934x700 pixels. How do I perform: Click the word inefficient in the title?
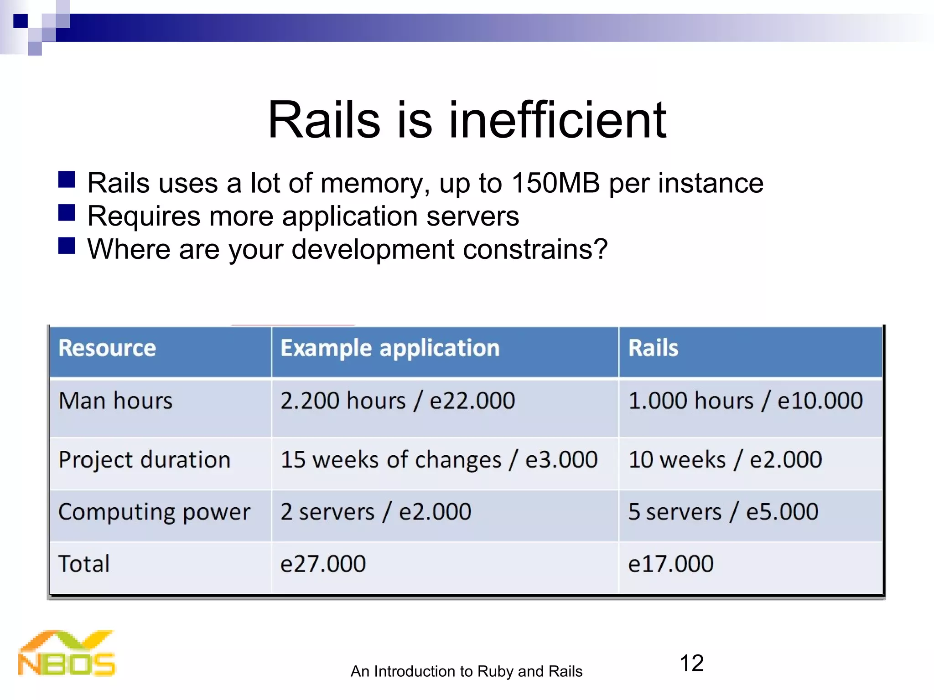click(x=557, y=120)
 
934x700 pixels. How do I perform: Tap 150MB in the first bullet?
click(x=555, y=183)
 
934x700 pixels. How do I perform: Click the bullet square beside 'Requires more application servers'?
click(x=67, y=213)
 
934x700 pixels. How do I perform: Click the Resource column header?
click(x=107, y=348)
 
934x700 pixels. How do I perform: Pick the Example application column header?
click(x=390, y=348)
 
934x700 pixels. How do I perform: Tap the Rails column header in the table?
click(x=653, y=348)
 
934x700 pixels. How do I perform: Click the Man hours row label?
click(x=115, y=401)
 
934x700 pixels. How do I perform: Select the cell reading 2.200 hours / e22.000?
click(x=397, y=401)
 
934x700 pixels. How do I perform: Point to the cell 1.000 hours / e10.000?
click(x=745, y=401)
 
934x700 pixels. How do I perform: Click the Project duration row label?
click(x=145, y=459)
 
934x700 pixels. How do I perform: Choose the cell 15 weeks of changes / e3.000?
click(x=439, y=459)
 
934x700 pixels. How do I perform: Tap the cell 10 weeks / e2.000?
click(x=725, y=459)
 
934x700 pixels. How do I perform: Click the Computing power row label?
click(x=154, y=512)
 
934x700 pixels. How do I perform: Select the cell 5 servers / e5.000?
click(x=723, y=512)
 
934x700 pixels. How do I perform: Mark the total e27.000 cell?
click(x=323, y=564)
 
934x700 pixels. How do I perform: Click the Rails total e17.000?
click(x=670, y=564)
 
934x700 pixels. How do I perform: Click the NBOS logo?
click(x=67, y=654)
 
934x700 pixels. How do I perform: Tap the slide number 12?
click(x=691, y=663)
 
